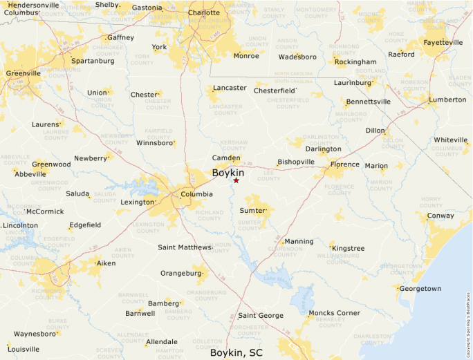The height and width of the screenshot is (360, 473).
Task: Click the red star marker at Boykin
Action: tap(236, 180)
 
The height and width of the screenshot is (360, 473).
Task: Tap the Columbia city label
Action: tap(196, 194)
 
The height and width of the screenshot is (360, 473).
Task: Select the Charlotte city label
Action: tap(204, 12)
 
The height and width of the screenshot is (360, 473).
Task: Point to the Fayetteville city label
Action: tap(443, 42)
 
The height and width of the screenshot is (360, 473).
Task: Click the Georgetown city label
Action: tap(420, 288)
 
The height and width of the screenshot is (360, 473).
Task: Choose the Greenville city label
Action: tap(23, 73)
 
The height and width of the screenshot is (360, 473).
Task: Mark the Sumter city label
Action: tap(252, 209)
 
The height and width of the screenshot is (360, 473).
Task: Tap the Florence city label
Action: tap(344, 164)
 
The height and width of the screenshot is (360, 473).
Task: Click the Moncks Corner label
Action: tap(335, 313)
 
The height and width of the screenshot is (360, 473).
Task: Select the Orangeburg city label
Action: tap(180, 273)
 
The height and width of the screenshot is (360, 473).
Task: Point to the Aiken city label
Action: tap(106, 263)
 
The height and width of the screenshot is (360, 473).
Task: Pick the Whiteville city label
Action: tap(451, 140)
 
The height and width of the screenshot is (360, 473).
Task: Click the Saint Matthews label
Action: tap(185, 247)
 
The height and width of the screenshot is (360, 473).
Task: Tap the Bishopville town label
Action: tap(296, 162)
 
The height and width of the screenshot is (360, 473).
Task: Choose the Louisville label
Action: tap(24, 349)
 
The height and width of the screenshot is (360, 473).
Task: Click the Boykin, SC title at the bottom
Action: tap(236, 353)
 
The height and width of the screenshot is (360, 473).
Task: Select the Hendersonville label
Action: tap(33, 5)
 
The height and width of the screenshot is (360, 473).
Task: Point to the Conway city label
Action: tap(441, 216)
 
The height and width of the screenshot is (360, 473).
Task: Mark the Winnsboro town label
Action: tap(154, 143)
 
